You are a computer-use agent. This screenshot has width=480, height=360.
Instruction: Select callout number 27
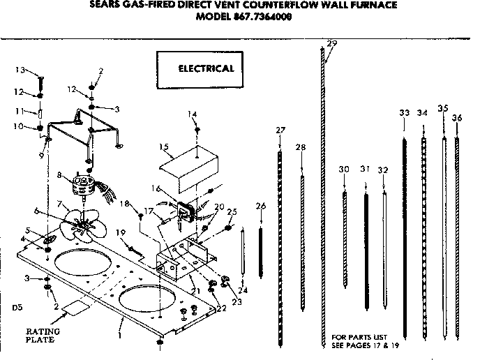pyautogui.click(x=280, y=130)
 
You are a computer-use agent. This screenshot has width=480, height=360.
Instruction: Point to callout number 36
pyautogui.click(x=457, y=118)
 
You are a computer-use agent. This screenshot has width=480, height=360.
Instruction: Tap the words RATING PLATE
pyautogui.click(x=43, y=336)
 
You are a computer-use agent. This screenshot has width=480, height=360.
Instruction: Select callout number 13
pyautogui.click(x=20, y=70)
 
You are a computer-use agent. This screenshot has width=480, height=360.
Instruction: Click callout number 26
pyautogui.click(x=261, y=206)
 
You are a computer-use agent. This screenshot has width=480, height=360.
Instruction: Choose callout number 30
pyautogui.click(x=343, y=170)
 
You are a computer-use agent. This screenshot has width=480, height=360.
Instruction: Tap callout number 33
pyautogui.click(x=404, y=112)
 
